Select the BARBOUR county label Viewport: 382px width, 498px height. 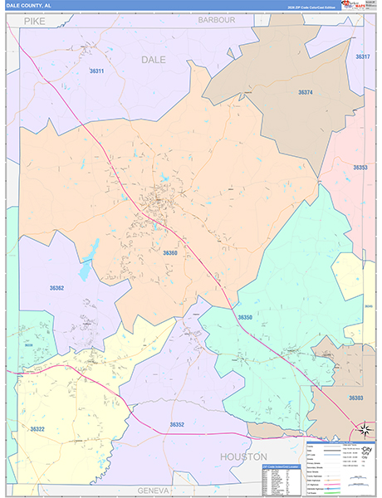[x=217, y=20]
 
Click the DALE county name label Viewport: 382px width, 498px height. [x=153, y=60]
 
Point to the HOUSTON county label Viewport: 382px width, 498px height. [x=243, y=457]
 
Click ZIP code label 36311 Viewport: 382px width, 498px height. [x=96, y=71]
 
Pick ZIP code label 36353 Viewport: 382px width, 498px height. [x=360, y=168]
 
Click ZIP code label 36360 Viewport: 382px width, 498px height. [x=170, y=252]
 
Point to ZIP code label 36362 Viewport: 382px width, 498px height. [x=56, y=288]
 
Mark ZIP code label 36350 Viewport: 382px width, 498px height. [x=244, y=318]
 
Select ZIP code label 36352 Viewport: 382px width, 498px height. [x=177, y=425]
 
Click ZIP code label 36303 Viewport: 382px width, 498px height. [x=355, y=398]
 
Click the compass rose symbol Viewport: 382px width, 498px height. [x=365, y=430]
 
